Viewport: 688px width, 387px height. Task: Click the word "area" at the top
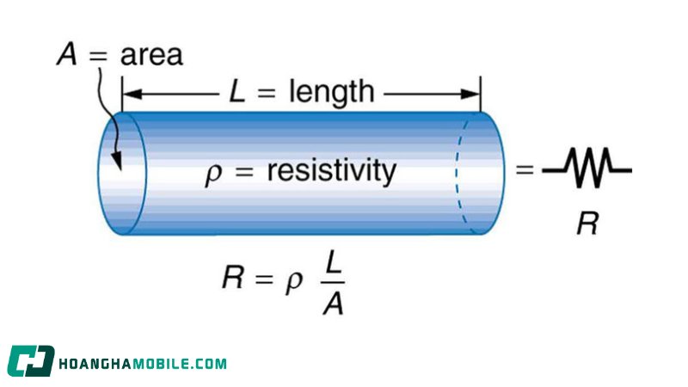tap(151, 55)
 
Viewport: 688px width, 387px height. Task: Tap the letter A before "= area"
tap(67, 54)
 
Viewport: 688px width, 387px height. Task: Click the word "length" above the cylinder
tap(332, 93)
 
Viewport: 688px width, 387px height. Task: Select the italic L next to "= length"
tap(237, 91)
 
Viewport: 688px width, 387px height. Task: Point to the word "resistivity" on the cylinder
tap(332, 170)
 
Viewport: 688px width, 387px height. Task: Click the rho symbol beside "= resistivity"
tap(213, 175)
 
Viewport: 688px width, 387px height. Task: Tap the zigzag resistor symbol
tap(587, 169)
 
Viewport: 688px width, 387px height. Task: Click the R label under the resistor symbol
tap(587, 223)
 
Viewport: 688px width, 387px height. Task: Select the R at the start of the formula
tap(232, 277)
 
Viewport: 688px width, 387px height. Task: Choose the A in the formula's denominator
tap(333, 303)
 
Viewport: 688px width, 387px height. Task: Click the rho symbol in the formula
tap(294, 281)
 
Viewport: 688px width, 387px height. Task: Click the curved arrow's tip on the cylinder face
tap(118, 167)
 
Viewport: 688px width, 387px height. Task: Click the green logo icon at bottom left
tap(31, 361)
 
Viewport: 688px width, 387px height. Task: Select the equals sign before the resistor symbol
tap(525, 169)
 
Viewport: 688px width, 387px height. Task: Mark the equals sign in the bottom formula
tap(263, 279)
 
